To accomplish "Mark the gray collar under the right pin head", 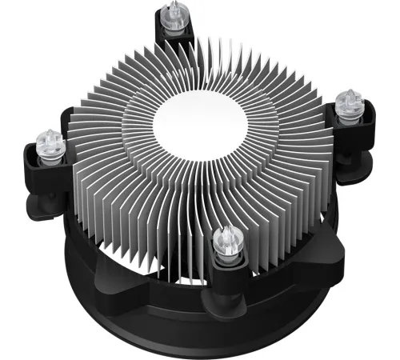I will click(x=350, y=114).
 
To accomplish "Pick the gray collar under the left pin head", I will click(x=50, y=155).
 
